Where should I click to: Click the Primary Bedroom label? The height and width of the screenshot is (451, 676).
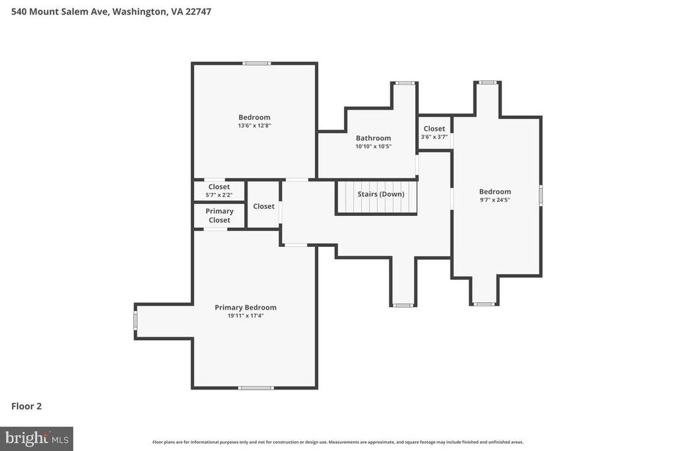tap(246, 307)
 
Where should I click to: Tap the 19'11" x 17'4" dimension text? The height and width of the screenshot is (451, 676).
tap(246, 316)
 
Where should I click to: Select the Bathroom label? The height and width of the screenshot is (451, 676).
tap(373, 138)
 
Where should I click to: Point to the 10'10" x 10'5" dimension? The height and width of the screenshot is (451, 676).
tap(373, 147)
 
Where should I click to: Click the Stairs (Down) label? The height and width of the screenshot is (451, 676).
tap(381, 194)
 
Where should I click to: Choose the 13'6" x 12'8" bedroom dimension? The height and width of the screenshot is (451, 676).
tap(254, 125)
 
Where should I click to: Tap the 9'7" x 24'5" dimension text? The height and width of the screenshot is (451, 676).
tap(494, 199)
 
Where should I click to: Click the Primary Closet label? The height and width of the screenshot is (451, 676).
tap(219, 215)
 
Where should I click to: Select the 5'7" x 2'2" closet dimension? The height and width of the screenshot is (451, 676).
tap(219, 195)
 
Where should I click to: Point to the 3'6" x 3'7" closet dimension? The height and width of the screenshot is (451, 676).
tap(434, 137)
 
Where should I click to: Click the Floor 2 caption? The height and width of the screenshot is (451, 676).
tap(26, 406)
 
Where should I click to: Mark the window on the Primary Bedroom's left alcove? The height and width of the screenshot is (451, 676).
tap(135, 321)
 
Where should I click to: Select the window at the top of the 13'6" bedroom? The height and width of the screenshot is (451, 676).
tap(256, 63)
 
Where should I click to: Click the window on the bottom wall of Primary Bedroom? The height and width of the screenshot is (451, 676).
tap(256, 388)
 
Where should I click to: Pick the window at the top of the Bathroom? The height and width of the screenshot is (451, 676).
tap(405, 83)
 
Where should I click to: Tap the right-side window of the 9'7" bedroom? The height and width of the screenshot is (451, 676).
tap(541, 195)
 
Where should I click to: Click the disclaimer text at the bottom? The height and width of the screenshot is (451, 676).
tap(337, 442)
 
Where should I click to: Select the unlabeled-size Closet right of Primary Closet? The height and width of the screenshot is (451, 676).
tap(263, 206)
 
